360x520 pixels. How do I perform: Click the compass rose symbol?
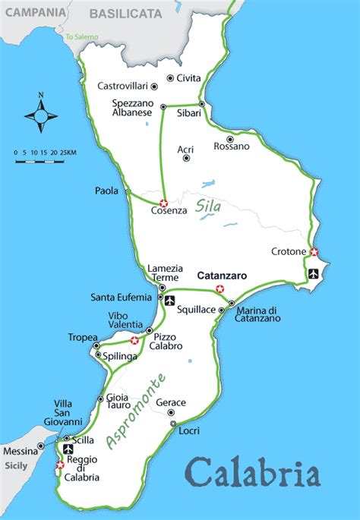(x=41, y=116)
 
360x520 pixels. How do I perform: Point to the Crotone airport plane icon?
(x=314, y=273)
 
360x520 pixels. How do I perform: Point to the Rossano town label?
(x=231, y=146)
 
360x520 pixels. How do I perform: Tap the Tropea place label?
(x=83, y=337)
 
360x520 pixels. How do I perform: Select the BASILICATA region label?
(x=125, y=14)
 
